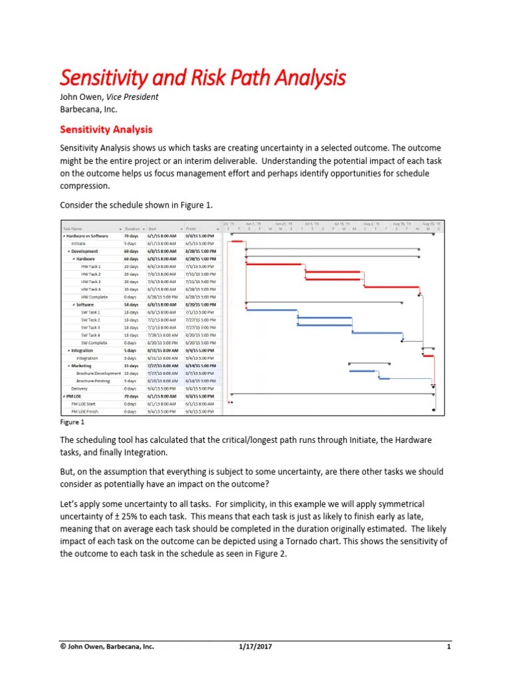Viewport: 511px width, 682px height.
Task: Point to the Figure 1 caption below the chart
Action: (73, 422)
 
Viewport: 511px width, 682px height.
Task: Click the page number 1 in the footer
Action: (449, 647)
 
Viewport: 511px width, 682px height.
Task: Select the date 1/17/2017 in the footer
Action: (255, 647)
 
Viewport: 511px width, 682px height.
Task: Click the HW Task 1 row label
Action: (91, 266)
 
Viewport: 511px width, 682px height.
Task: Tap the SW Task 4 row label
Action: (91, 335)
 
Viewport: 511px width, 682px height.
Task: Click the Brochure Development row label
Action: (98, 374)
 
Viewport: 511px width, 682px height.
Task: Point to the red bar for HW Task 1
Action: (275, 264)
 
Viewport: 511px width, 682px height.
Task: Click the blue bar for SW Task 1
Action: (271, 310)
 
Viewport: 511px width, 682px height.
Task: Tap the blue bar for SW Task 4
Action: (377, 333)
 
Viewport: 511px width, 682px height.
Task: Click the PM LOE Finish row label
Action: (94, 412)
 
